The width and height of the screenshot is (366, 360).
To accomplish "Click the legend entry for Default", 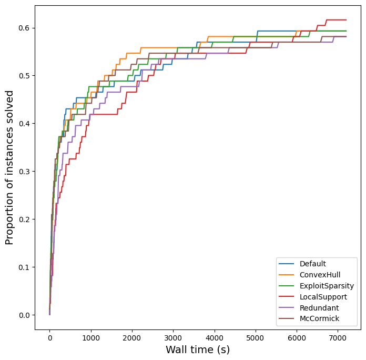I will pyautogui.click(x=313, y=264).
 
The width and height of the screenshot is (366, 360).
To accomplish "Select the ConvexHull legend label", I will pyautogui.click(x=319, y=275).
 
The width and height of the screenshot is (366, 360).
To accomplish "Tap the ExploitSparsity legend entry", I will pyautogui.click(x=327, y=286).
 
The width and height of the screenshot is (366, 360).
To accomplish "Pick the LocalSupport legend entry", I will pyautogui.click(x=322, y=297).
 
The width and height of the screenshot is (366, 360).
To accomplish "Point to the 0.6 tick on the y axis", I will pyautogui.click(x=24, y=28).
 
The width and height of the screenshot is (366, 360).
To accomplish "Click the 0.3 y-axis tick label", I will pyautogui.click(x=24, y=172).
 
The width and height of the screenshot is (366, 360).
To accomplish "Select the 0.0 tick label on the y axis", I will pyautogui.click(x=24, y=315).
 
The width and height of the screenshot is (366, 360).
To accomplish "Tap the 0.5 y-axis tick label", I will pyautogui.click(x=24, y=76).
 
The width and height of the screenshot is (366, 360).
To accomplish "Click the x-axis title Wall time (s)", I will pyautogui.click(x=198, y=350).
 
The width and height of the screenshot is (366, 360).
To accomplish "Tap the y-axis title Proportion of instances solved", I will pyautogui.click(x=9, y=167).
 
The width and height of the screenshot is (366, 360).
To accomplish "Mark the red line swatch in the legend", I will pyautogui.click(x=287, y=297).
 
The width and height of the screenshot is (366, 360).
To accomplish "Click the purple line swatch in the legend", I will pyautogui.click(x=287, y=308).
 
